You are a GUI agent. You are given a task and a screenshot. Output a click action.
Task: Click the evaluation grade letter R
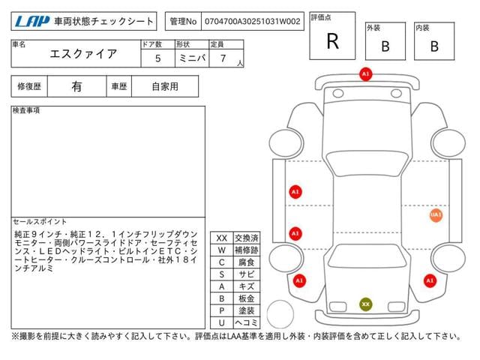(332, 42)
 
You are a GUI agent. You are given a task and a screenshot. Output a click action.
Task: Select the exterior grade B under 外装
(385, 46)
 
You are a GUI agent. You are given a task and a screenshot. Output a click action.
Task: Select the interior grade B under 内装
(433, 46)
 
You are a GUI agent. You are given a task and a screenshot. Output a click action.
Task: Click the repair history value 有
(77, 86)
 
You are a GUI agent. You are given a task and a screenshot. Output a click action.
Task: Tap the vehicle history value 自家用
(165, 86)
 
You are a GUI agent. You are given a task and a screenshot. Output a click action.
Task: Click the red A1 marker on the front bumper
(365, 75)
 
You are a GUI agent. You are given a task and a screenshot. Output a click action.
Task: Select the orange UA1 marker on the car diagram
(436, 215)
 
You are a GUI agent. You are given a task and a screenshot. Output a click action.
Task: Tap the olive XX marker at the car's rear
(365, 304)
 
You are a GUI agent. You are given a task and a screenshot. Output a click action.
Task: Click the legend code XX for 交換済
(221, 238)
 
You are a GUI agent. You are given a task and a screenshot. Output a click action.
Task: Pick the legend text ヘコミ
(247, 322)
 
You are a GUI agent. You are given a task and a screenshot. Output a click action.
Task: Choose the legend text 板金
(247, 298)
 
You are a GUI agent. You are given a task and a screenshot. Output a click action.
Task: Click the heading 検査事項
(27, 111)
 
